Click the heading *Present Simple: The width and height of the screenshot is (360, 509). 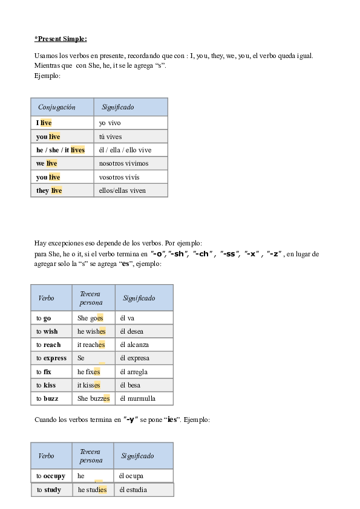coord(61,39)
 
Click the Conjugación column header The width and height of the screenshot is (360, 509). coord(62,107)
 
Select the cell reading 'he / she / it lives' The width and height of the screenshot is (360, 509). coord(62,150)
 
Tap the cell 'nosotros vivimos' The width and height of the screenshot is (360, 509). coord(131,163)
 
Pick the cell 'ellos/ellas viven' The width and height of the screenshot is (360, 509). coord(131,190)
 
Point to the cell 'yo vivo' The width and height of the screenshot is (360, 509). coord(131,123)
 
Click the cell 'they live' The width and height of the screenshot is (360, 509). coord(62,190)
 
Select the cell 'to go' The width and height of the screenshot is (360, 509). coord(51,318)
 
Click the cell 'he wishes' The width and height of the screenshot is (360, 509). coord(94,331)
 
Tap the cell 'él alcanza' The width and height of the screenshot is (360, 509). coord(144,345)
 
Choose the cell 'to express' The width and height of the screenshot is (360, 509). coord(51,358)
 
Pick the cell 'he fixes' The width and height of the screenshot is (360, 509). coord(94,372)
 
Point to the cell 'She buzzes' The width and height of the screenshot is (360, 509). coord(94,398)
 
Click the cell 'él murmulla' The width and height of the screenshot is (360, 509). coord(144,398)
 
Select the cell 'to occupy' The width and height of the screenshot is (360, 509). coord(51,476)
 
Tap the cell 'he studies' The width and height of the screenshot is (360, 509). coord(93,490)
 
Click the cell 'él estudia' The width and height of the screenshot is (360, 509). coord(144,490)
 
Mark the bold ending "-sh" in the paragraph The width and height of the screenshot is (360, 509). coord(178,254)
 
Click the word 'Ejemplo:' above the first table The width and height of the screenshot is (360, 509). coord(47,76)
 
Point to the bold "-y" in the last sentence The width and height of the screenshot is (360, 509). coord(130,420)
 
